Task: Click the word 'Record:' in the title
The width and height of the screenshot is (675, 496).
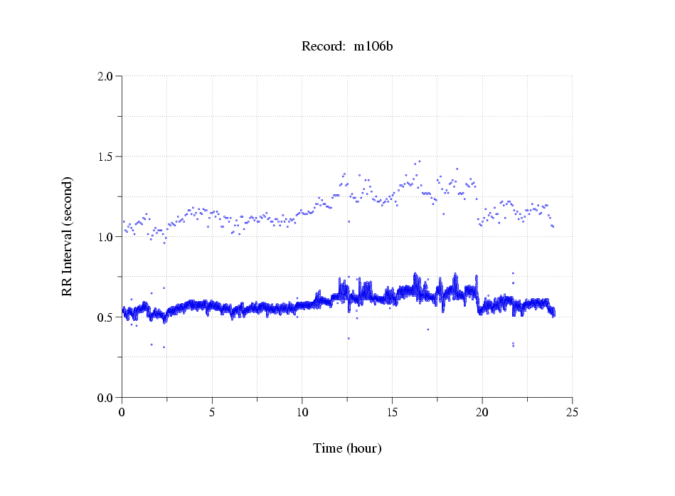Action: [x=324, y=46]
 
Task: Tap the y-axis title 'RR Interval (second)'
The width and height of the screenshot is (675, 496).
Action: [x=68, y=236]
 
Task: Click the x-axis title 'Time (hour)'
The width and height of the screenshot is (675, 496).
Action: [x=347, y=448]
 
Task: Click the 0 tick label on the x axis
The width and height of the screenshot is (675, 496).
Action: [x=122, y=412]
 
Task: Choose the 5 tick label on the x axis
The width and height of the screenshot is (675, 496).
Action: [x=212, y=412]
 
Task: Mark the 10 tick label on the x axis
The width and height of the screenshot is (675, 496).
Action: [x=302, y=412]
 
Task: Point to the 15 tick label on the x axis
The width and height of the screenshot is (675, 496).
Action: [x=392, y=412]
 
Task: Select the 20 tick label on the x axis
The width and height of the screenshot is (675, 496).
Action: [x=482, y=412]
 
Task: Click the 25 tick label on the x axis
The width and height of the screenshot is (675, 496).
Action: [x=572, y=412]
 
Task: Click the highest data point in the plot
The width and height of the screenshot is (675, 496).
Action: [x=420, y=162]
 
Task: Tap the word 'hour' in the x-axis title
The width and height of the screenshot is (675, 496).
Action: [x=364, y=448]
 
